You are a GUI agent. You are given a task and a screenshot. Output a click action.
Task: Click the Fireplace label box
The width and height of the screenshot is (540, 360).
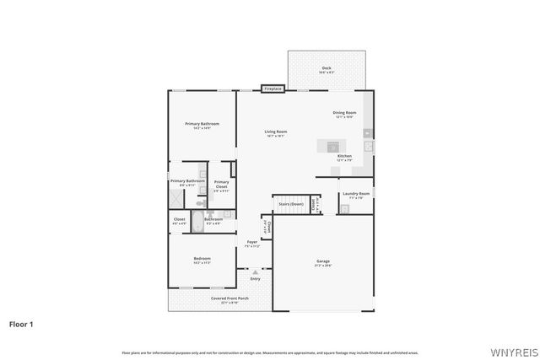click(272, 89)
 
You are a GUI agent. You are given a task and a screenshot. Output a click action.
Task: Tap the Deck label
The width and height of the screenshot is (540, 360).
click(327, 70)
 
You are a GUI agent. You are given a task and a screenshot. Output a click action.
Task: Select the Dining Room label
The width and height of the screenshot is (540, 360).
click(344, 114)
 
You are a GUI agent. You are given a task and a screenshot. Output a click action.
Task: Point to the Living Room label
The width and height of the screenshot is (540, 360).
click(276, 132)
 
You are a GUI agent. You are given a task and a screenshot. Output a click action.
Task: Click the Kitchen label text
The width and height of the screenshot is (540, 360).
click(344, 157)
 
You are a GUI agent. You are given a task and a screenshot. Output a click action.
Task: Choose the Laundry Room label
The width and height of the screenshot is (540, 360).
click(354, 195)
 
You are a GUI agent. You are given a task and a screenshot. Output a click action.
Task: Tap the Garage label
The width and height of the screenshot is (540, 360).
click(323, 262)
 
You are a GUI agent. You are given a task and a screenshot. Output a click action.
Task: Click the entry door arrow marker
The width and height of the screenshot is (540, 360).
click(254, 271)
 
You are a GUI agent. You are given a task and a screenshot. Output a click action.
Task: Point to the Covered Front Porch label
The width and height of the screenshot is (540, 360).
click(229, 299)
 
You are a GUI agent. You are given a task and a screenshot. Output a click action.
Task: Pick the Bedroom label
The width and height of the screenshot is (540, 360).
click(202, 260)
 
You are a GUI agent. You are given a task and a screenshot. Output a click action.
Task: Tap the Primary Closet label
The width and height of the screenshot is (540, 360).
click(220, 184)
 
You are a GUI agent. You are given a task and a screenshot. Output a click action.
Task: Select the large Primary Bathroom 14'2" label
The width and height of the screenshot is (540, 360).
click(202, 126)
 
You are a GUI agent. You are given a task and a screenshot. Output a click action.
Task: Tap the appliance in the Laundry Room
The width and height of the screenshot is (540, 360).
click(343, 208)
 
